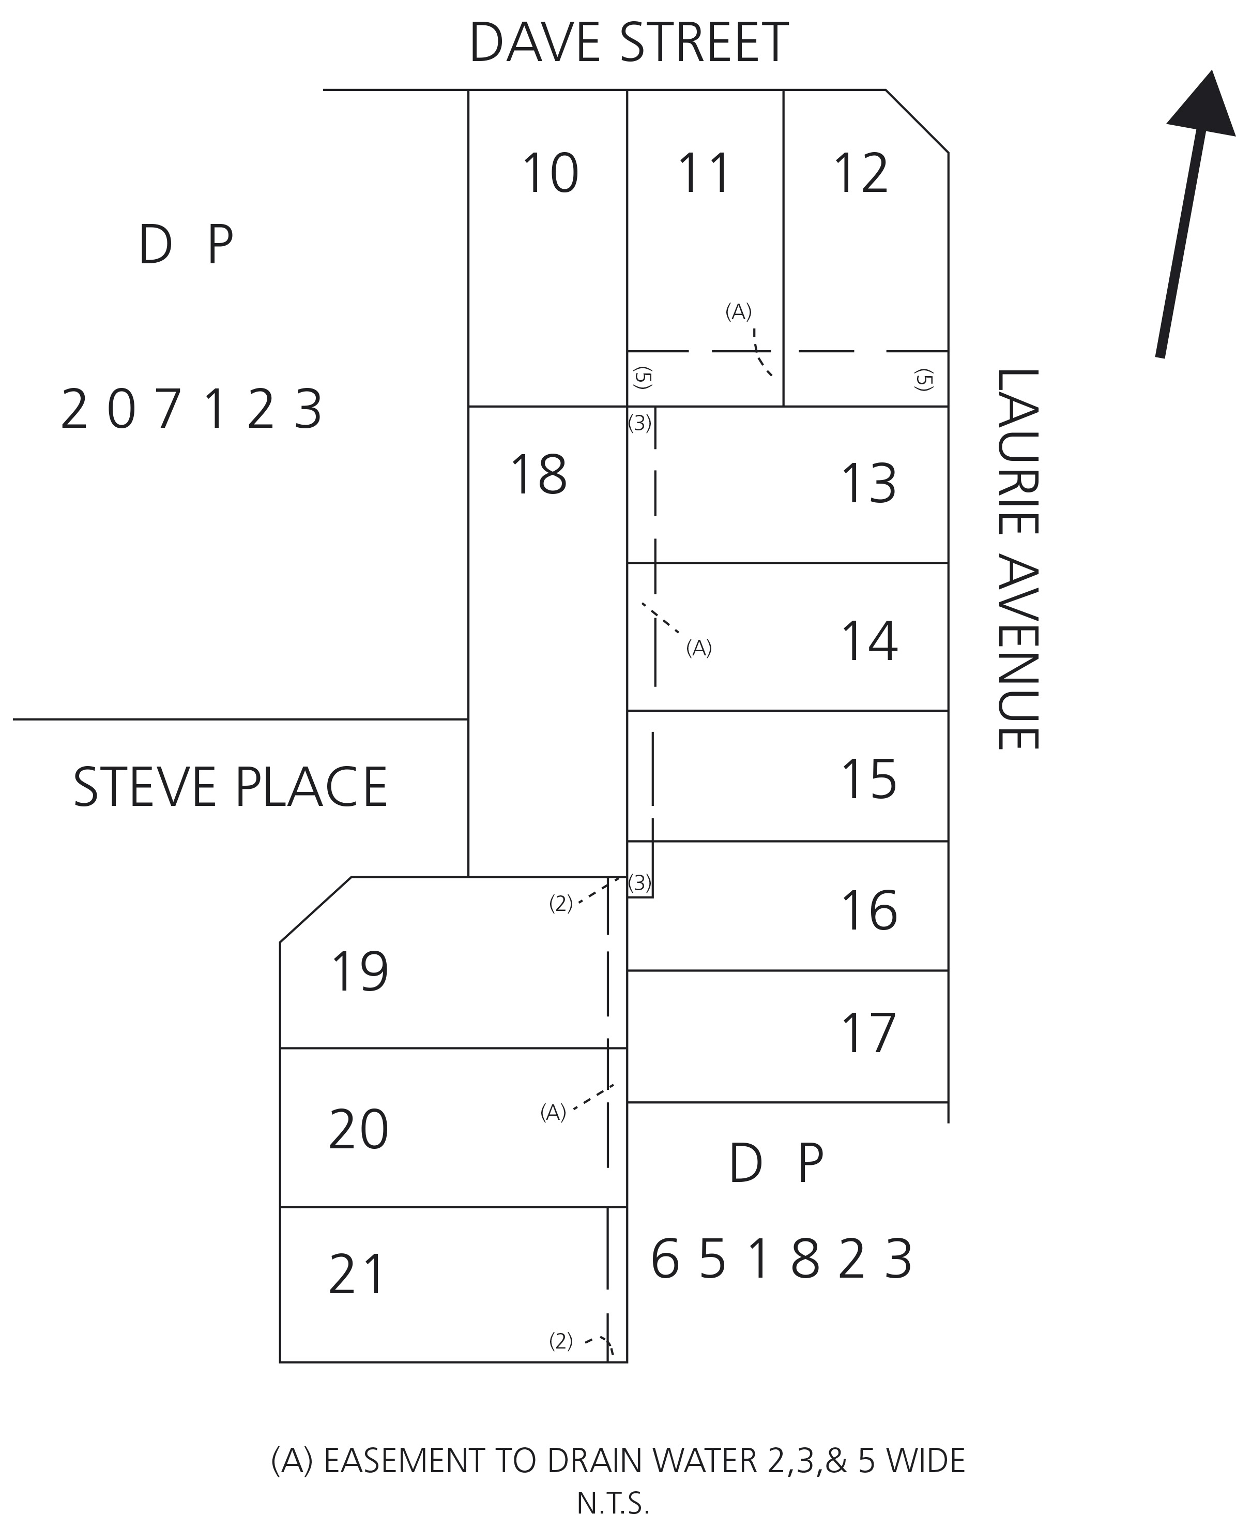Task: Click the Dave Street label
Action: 628,43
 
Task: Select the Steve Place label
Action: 230,787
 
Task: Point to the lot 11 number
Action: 704,173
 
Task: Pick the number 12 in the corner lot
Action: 861,173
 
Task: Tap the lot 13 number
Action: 868,484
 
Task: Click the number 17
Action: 868,1033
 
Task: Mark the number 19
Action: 360,971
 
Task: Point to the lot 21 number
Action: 357,1275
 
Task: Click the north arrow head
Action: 1203,103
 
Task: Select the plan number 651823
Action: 781,1260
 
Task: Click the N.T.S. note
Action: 613,1504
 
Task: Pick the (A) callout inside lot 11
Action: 738,311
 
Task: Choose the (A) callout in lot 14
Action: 698,648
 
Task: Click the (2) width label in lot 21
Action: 560,1341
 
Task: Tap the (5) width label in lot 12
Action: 923,380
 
